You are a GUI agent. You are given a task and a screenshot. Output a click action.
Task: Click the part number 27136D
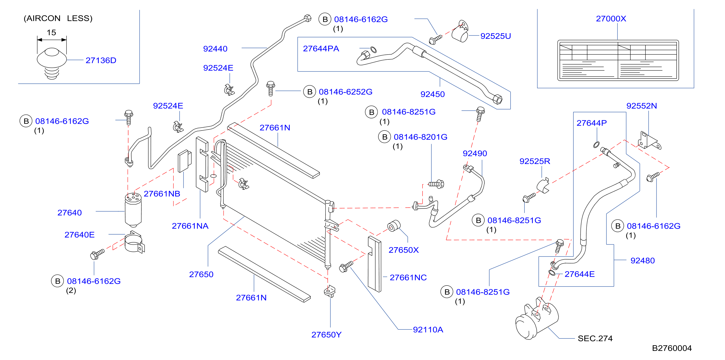(x=101, y=60)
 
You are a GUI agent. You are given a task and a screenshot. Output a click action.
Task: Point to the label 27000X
(x=611, y=19)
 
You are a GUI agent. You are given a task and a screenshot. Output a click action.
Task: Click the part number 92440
(x=215, y=49)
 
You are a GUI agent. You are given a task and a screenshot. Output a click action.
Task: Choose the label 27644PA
(x=321, y=49)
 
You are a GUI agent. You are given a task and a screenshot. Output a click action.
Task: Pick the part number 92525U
(x=496, y=36)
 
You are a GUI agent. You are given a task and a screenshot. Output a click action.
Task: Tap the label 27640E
(x=79, y=235)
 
